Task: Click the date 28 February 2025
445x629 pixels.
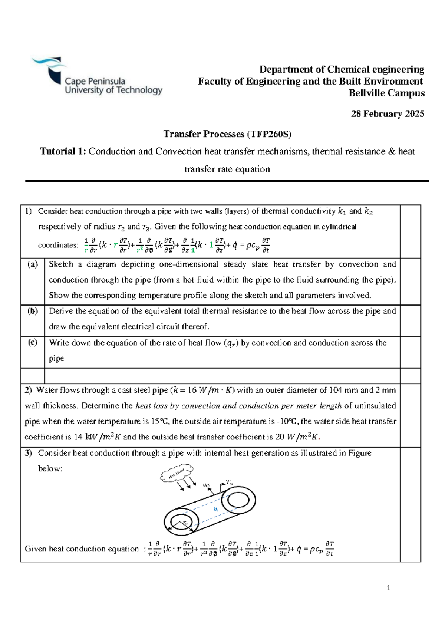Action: [x=387, y=114]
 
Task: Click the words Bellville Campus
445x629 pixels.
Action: [x=386, y=93]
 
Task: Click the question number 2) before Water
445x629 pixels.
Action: [x=29, y=390]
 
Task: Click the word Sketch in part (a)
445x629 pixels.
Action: [x=61, y=264]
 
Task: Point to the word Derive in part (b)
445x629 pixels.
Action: [x=61, y=311]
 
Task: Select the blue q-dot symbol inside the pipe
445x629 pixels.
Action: [x=215, y=510]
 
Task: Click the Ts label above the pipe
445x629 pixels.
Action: [x=230, y=483]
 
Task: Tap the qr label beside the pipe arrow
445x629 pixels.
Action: [x=207, y=485]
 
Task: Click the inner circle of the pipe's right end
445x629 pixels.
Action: [x=238, y=500]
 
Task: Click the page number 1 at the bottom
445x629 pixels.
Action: [x=388, y=588]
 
